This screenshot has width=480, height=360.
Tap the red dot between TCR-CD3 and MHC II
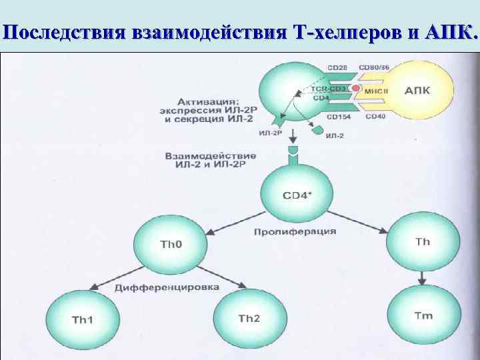point(357,89)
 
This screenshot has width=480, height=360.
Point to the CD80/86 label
point(375,68)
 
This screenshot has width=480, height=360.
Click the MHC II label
point(375,90)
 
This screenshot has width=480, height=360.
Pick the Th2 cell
point(249,319)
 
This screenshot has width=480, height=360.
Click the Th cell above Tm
point(423,241)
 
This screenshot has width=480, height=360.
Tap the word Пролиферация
point(295,232)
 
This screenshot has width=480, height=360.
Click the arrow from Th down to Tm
point(423,279)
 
